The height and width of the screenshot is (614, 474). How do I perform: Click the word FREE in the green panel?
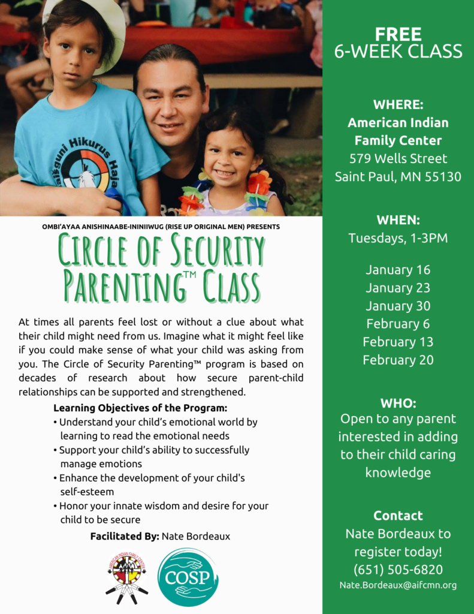coord(398,34)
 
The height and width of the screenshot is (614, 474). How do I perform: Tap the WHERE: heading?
coord(398,104)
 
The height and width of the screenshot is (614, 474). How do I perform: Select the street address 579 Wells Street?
coord(398,159)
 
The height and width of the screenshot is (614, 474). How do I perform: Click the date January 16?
coord(398,270)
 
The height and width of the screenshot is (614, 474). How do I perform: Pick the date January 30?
coord(398,306)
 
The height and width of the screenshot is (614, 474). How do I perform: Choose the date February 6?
coord(398,324)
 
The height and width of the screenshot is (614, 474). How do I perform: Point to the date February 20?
coord(398,360)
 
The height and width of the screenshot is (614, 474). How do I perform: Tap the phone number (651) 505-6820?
coord(398,569)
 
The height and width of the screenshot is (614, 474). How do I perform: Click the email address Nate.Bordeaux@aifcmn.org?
coord(398,585)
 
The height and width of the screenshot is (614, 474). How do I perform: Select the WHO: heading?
coord(398,403)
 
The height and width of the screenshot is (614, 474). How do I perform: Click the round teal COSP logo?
coord(187,577)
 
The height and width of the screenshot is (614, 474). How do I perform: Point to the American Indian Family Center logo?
coord(126,575)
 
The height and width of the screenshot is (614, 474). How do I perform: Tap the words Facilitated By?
coord(124,535)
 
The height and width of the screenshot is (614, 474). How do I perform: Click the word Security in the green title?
coord(215,251)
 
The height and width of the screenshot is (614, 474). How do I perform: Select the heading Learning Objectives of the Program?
coord(140,408)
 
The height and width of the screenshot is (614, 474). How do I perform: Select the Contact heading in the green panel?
coord(398,516)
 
